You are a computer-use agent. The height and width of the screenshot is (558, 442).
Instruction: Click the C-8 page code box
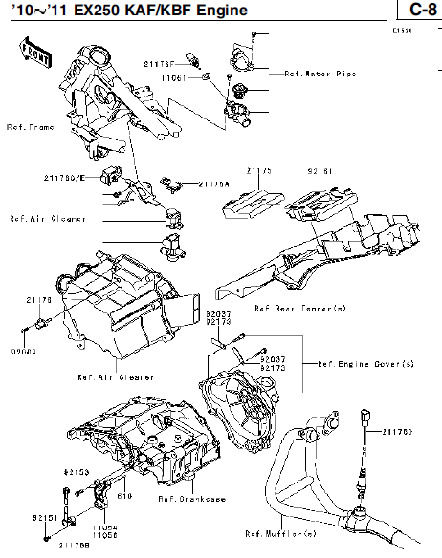coord(417,11)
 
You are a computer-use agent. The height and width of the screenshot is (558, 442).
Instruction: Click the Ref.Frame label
coord(29,126)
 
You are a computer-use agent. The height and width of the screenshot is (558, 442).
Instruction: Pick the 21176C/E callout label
coord(63,178)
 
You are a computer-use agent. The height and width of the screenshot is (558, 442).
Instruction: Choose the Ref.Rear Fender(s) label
coord(299,309)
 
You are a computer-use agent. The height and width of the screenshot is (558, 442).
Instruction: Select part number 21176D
coord(397,431)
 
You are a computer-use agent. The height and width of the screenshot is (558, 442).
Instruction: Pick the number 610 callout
coord(123,495)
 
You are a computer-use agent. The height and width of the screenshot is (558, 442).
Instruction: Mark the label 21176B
coord(74,546)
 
